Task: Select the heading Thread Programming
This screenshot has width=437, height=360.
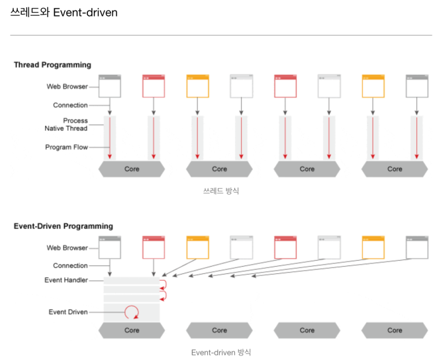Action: pos(52,65)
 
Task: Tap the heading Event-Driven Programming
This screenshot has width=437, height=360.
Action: pos(63,226)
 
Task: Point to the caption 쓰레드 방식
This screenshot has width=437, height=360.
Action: pos(220,191)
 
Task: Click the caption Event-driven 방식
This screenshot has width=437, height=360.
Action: pos(220,352)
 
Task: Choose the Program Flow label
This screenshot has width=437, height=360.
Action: pos(66,147)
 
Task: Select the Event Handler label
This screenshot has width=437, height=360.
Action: pos(66,281)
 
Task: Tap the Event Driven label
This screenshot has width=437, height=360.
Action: pos(68,312)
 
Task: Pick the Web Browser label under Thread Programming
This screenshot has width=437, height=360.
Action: pos(67,87)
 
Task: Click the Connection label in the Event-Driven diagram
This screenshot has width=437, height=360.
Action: pos(70,265)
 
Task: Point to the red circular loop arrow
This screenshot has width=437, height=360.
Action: pos(132,311)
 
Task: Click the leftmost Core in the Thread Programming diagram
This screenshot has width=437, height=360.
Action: pos(132,169)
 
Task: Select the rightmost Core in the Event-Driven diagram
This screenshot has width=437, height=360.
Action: pos(395,330)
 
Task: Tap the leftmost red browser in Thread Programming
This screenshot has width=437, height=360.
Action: pos(154,86)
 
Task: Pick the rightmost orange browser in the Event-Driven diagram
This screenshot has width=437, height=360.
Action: pos(373,247)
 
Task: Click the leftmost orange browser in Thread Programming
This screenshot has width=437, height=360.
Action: pos(197,86)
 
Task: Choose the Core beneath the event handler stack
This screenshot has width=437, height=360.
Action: pos(132,330)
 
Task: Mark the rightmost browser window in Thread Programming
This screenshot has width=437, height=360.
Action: pos(416,86)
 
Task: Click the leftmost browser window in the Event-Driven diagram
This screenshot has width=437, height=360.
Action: pos(110,247)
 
